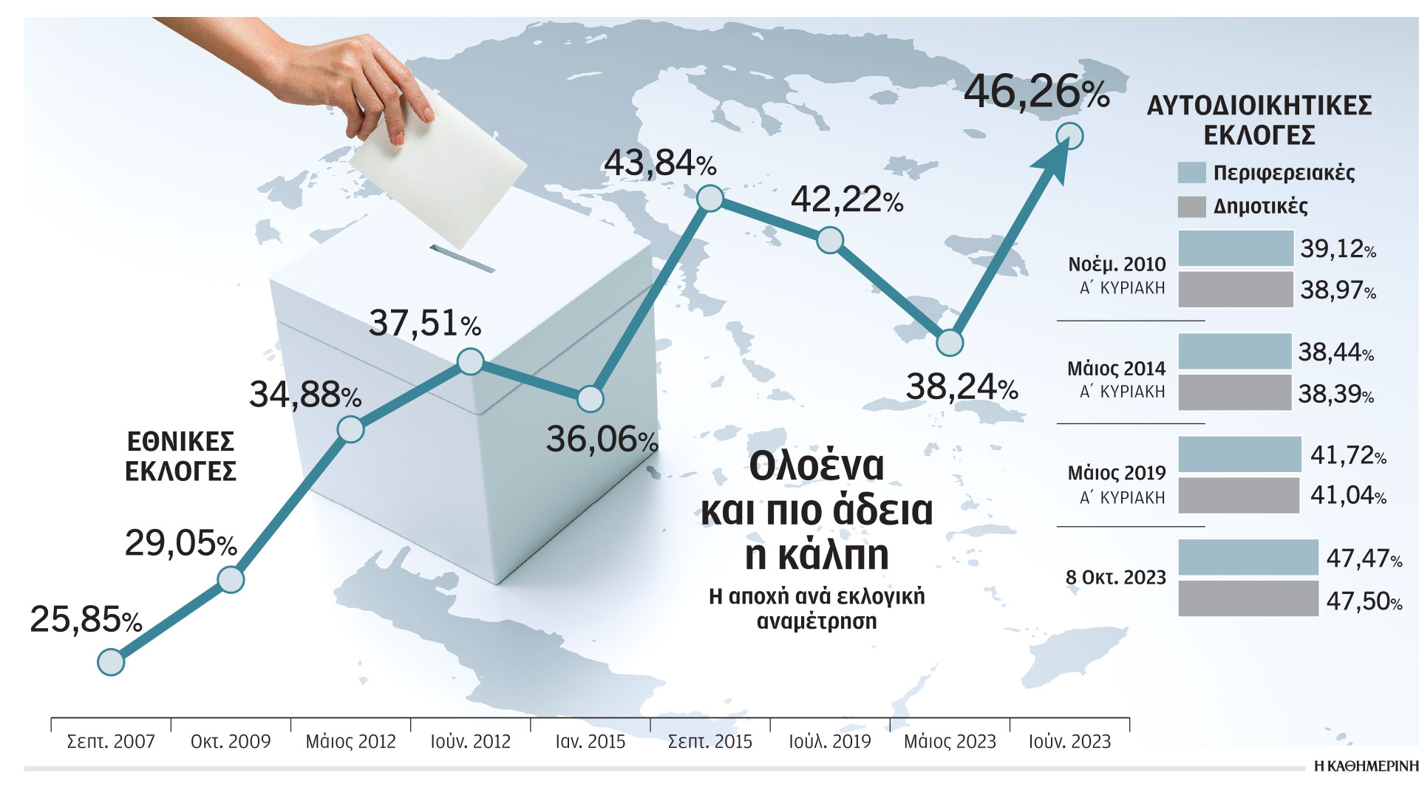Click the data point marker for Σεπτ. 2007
pyautogui.click(x=111, y=662)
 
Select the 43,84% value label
pyautogui.click(x=659, y=163)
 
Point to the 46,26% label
pyautogui.click(x=1036, y=92)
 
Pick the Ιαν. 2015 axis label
pyautogui.click(x=590, y=742)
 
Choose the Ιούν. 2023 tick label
pyautogui.click(x=1069, y=742)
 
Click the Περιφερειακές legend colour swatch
pyautogui.click(x=1191, y=173)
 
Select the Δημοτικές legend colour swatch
pyautogui.click(x=1191, y=207)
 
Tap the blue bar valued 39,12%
pyautogui.click(x=1235, y=248)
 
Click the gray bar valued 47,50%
pyautogui.click(x=1248, y=598)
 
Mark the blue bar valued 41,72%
pyautogui.click(x=1239, y=454)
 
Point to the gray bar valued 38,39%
pyautogui.click(x=1234, y=392)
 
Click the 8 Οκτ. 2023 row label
pyautogui.click(x=1115, y=578)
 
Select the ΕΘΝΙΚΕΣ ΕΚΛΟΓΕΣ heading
pyautogui.click(x=180, y=457)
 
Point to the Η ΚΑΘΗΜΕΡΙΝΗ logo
pyautogui.click(x=1366, y=766)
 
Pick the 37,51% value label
pyautogui.click(x=424, y=324)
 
